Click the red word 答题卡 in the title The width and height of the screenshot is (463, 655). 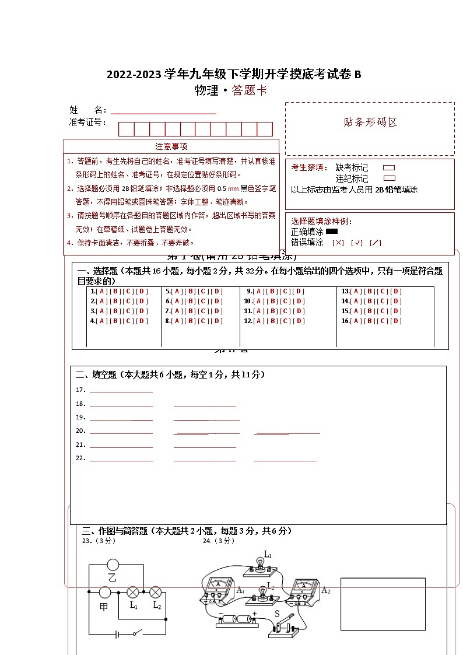pyautogui.click(x=249, y=90)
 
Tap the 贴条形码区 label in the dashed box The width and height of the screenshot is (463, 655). pyautogui.click(x=370, y=122)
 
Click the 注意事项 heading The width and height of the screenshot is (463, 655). pyautogui.click(x=171, y=146)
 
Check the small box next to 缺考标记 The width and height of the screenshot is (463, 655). pyautogui.click(x=389, y=168)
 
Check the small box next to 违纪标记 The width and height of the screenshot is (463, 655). pyautogui.click(x=389, y=178)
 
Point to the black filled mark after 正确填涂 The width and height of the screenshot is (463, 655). pyautogui.click(x=332, y=232)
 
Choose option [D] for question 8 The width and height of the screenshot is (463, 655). pyautogui.click(x=216, y=321)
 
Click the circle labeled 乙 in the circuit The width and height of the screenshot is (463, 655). pyautogui.click(x=113, y=565)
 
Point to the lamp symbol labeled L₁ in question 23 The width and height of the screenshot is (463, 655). pyautogui.click(x=133, y=592)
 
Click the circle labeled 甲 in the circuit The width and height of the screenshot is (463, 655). pyautogui.click(x=105, y=593)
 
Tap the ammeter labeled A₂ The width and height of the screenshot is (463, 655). pyautogui.click(x=302, y=588)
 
